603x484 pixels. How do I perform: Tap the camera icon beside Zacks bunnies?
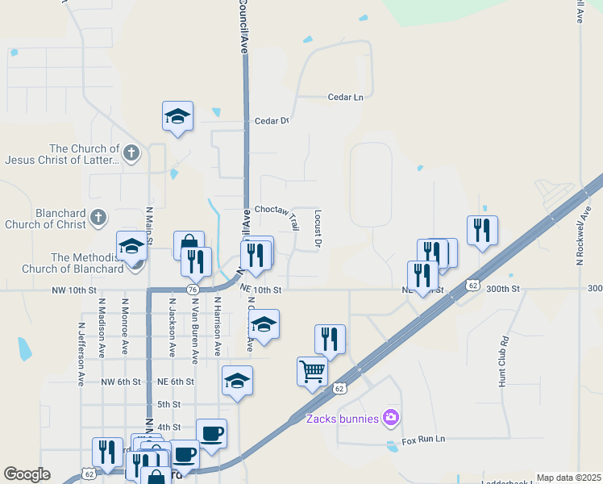click(391, 417)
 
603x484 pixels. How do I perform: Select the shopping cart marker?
click(312, 372)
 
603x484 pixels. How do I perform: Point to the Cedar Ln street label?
click(346, 97)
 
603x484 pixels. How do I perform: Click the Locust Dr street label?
click(318, 228)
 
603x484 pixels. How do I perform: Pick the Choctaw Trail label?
click(277, 210)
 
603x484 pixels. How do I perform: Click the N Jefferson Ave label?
click(81, 354)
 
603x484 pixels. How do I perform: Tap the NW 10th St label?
click(73, 290)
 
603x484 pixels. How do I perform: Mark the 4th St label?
click(168, 428)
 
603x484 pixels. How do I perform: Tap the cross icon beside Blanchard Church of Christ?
click(98, 217)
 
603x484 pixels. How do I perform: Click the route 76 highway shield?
click(193, 290)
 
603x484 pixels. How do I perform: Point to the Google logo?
click(27, 474)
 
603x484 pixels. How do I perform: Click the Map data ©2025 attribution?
click(568, 478)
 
